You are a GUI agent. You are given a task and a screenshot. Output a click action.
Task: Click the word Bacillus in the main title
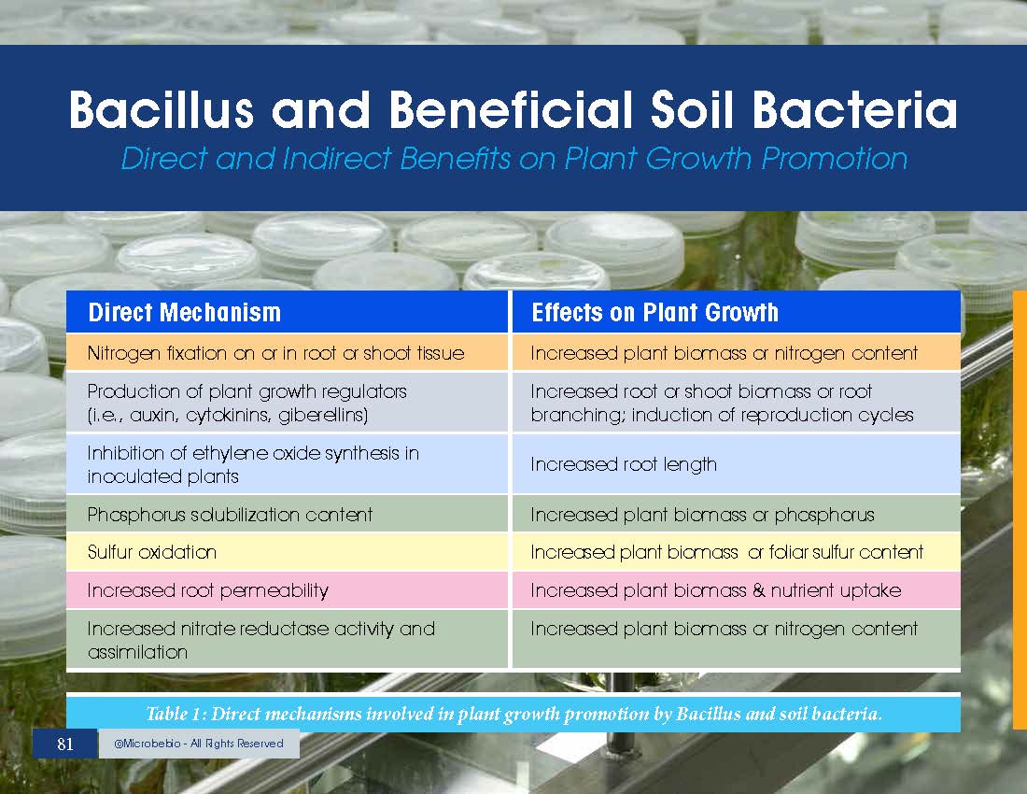(162, 109)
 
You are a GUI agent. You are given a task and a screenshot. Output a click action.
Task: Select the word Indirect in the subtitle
(336, 159)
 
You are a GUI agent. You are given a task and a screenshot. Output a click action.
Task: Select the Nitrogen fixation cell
(287, 353)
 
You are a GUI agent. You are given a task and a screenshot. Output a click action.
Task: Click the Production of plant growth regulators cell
(287, 403)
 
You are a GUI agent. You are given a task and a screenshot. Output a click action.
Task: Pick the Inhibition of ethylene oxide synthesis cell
(287, 464)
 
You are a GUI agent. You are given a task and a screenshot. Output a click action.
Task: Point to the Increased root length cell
(737, 464)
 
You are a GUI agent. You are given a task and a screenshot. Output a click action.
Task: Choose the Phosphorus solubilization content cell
(287, 515)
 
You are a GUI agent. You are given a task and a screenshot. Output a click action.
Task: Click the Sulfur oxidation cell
(287, 552)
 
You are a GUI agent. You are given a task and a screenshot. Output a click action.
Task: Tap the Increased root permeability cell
(287, 589)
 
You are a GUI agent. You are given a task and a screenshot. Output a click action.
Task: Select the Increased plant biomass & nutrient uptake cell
(737, 589)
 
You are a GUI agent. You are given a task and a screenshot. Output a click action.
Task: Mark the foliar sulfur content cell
(737, 552)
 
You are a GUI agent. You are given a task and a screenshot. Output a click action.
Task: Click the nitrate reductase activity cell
(287, 639)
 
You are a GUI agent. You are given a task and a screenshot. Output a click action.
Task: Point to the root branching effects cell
(737, 403)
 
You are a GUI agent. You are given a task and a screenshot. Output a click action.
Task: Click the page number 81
(64, 744)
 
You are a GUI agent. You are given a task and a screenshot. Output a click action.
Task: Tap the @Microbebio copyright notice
(199, 744)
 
